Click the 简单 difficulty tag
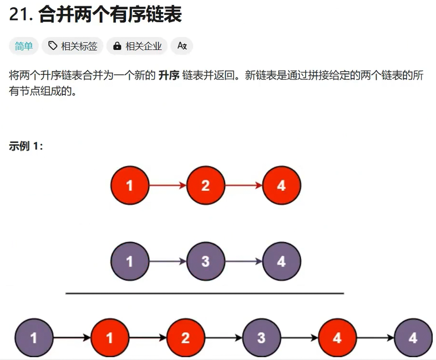pos(24,46)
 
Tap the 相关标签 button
pos(73,46)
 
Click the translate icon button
pos(182,46)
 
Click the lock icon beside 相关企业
pos(117,46)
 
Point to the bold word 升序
pos(169,75)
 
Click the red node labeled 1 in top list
pos(130,185)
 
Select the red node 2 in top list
pos(206,185)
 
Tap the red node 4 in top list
pos(281,185)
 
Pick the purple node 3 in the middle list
pos(206,261)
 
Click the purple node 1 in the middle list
pos(130,261)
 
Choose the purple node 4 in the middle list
pos(281,261)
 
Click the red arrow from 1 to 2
pos(168,185)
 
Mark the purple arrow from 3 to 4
pos(244,261)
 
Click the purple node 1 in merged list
pos(34,337)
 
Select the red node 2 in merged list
pos(185,337)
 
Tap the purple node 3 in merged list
pos(261,337)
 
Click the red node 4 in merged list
pos(337,337)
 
